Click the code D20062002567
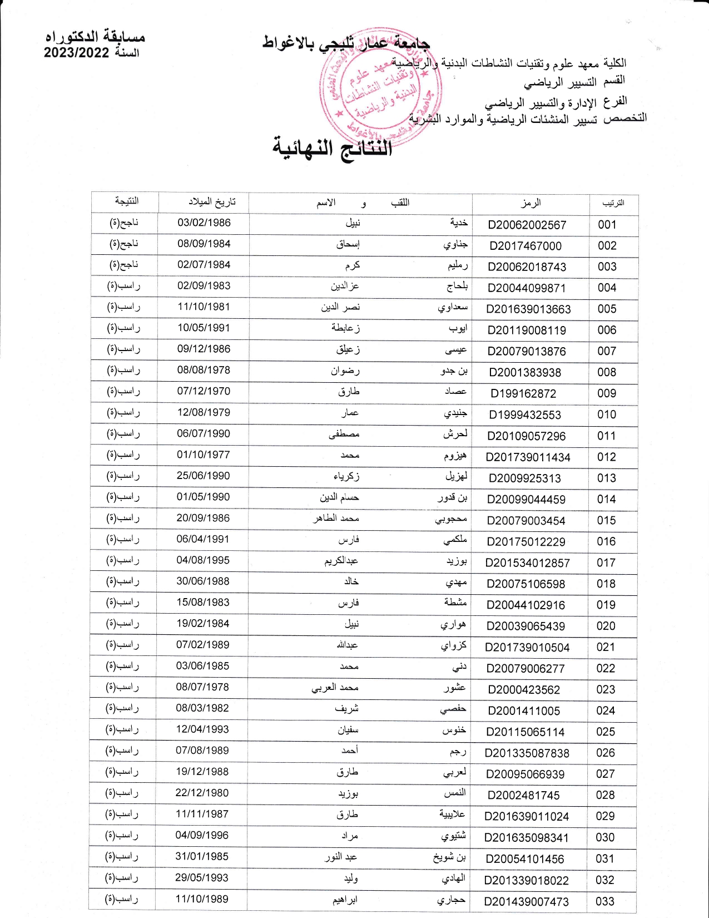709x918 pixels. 527,225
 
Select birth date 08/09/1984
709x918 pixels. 204,244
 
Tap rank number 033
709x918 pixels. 604,901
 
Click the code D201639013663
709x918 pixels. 528,309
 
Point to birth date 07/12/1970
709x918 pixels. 204,391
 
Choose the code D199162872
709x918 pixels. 523,394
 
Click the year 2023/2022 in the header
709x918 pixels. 77,53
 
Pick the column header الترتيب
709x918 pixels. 613,203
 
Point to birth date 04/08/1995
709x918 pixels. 203,560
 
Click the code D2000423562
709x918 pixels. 524,690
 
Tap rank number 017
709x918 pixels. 606,563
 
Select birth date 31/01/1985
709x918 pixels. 202,856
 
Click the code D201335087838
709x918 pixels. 527,753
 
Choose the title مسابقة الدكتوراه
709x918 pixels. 95,37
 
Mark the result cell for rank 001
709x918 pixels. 124,223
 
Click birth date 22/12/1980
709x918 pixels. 202,793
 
